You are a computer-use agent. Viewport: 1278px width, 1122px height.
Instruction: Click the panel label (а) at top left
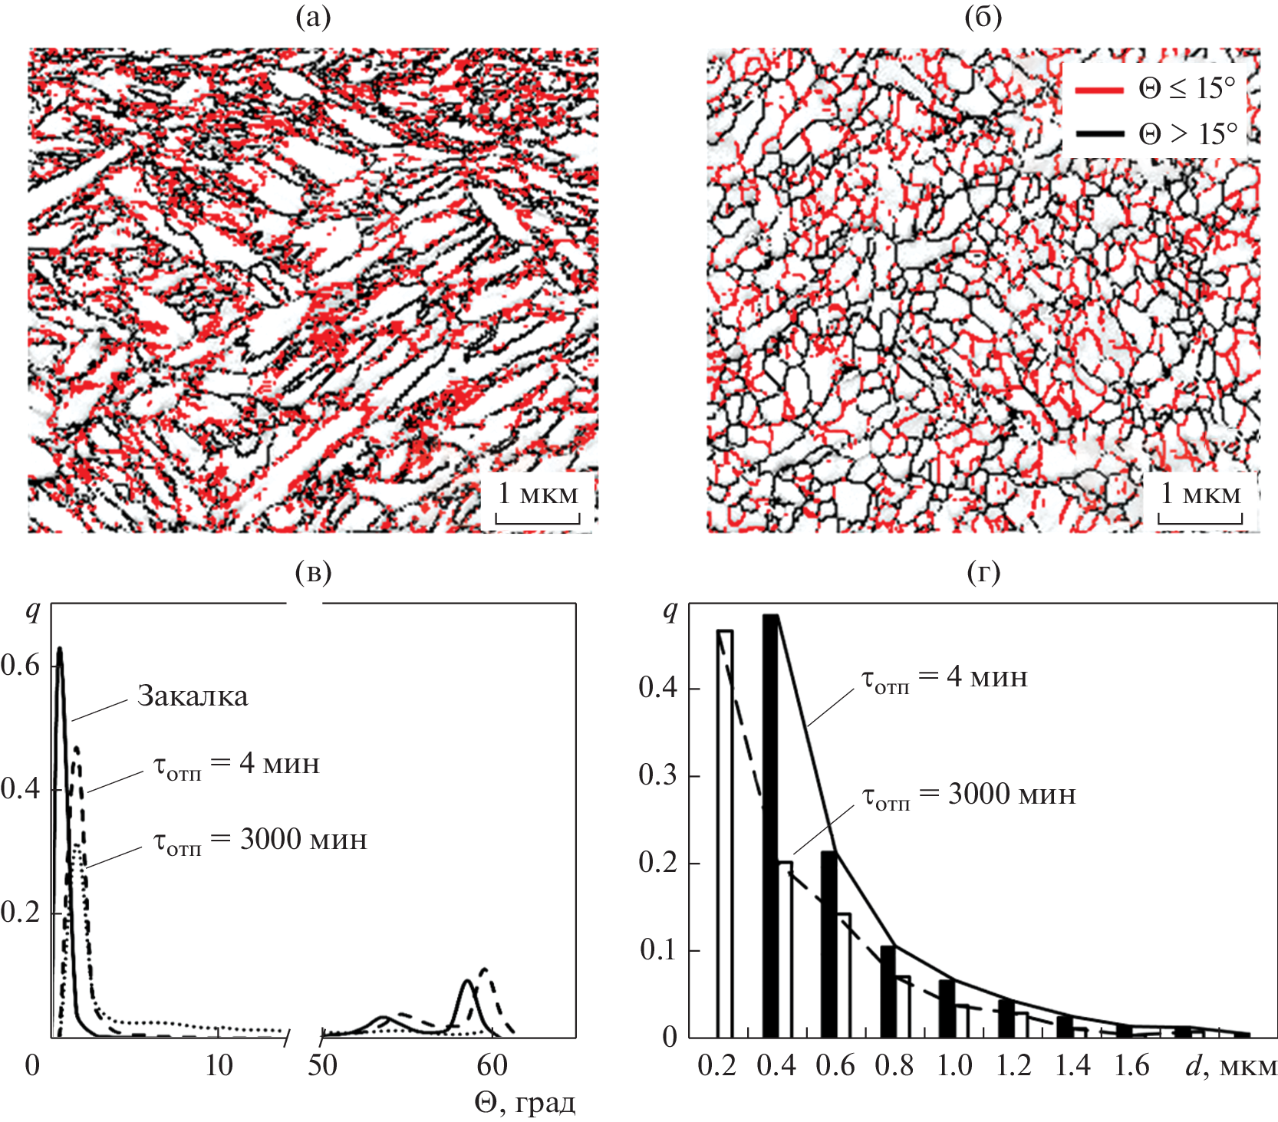pyautogui.click(x=313, y=17)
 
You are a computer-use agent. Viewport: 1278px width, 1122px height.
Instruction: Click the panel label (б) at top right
pyautogui.click(x=983, y=17)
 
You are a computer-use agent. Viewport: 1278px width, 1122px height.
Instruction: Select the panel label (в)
pyautogui.click(x=313, y=571)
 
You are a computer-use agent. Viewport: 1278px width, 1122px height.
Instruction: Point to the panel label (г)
pyautogui.click(x=983, y=571)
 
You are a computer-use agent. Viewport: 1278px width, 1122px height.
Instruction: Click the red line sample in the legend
pyautogui.click(x=1098, y=90)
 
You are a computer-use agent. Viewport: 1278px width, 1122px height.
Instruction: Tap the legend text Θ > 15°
pyautogui.click(x=1187, y=134)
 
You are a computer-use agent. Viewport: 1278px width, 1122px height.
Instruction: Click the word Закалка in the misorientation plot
pyautogui.click(x=193, y=696)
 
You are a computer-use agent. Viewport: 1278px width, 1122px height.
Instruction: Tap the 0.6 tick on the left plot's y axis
pyautogui.click(x=21, y=665)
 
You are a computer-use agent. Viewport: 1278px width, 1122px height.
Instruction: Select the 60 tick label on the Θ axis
pyautogui.click(x=492, y=1065)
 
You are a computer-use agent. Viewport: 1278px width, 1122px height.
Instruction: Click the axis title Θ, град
pyautogui.click(x=525, y=1103)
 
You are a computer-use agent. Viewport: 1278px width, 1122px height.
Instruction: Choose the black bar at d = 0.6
pyautogui.click(x=828, y=943)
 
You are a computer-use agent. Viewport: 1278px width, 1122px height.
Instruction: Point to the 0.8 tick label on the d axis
pyautogui.click(x=894, y=1066)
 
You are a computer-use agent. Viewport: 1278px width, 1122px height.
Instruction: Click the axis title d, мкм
pyautogui.click(x=1231, y=1066)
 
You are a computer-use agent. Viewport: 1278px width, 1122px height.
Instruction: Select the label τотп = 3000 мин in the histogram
pyautogui.click(x=970, y=795)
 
